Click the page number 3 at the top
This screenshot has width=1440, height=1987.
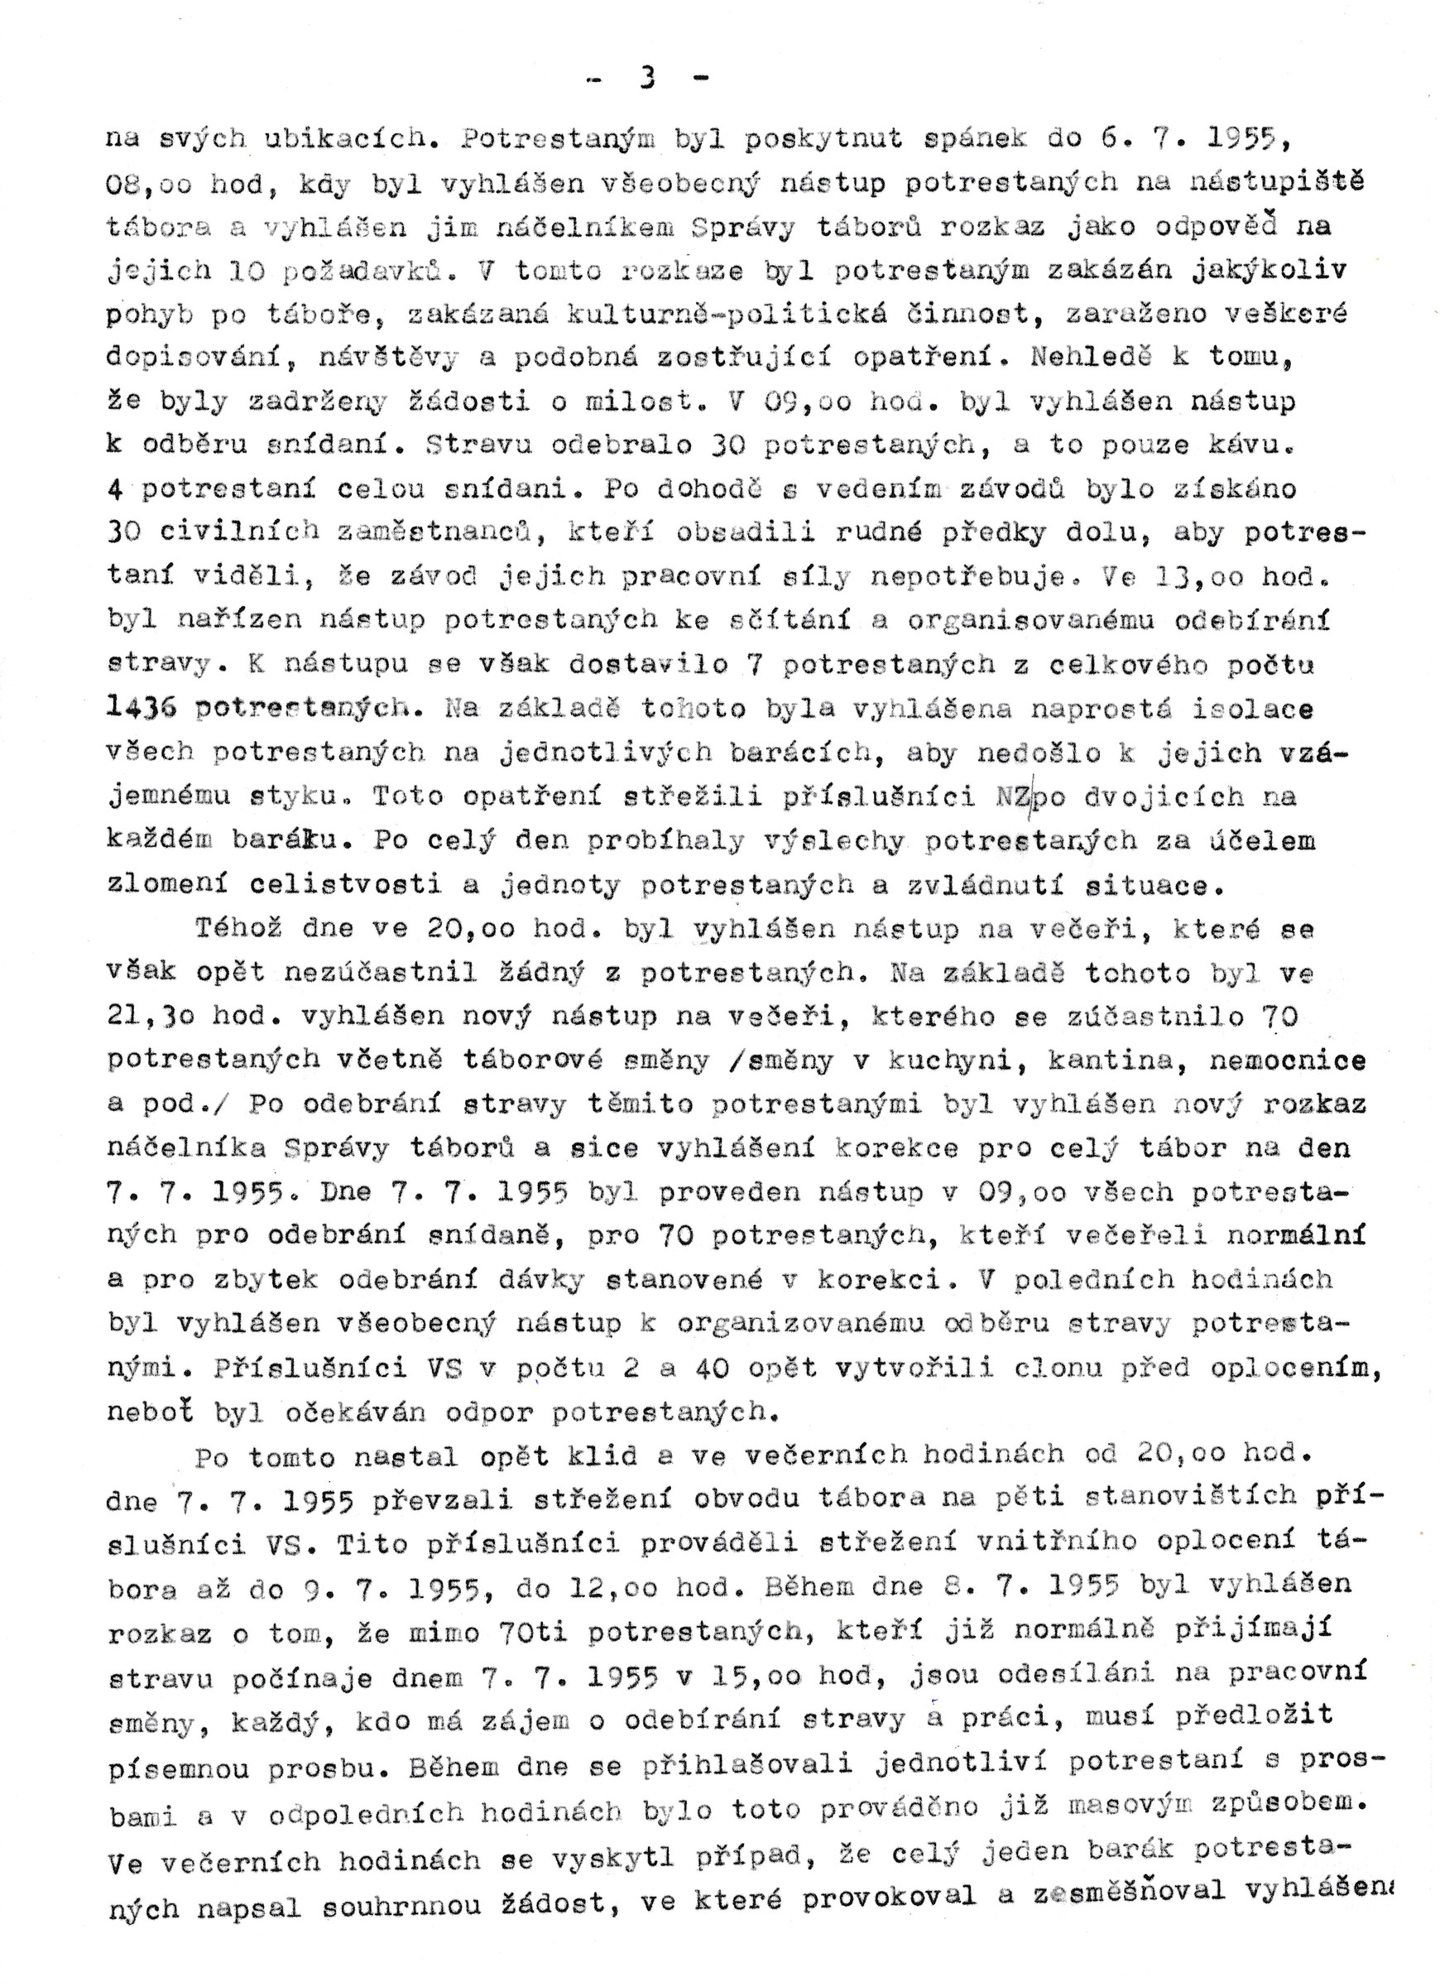[647, 78]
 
